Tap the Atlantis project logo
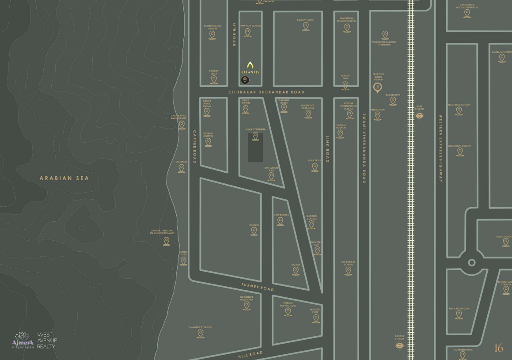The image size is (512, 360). [x=250, y=68]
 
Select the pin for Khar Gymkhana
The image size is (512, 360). [x=255, y=136]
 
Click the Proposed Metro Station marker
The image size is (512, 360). [x=378, y=87]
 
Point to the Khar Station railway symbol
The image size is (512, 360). [x=420, y=116]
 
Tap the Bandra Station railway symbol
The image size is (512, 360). [x=400, y=345]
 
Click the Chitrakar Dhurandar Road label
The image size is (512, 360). [x=266, y=92]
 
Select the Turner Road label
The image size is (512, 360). [x=258, y=287]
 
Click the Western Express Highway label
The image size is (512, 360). [x=440, y=148]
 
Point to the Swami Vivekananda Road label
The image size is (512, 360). [x=364, y=148]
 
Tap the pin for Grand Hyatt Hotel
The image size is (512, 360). [x=467, y=13]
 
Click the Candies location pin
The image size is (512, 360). [x=254, y=231]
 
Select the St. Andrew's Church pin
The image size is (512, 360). [x=201, y=333]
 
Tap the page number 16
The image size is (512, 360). [x=498, y=348]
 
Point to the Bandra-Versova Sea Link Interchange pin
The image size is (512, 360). [x=167, y=241]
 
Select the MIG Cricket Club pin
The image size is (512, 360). [x=459, y=315]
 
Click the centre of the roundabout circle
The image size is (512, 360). [x=471, y=262]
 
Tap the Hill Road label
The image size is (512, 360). [x=250, y=355]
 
